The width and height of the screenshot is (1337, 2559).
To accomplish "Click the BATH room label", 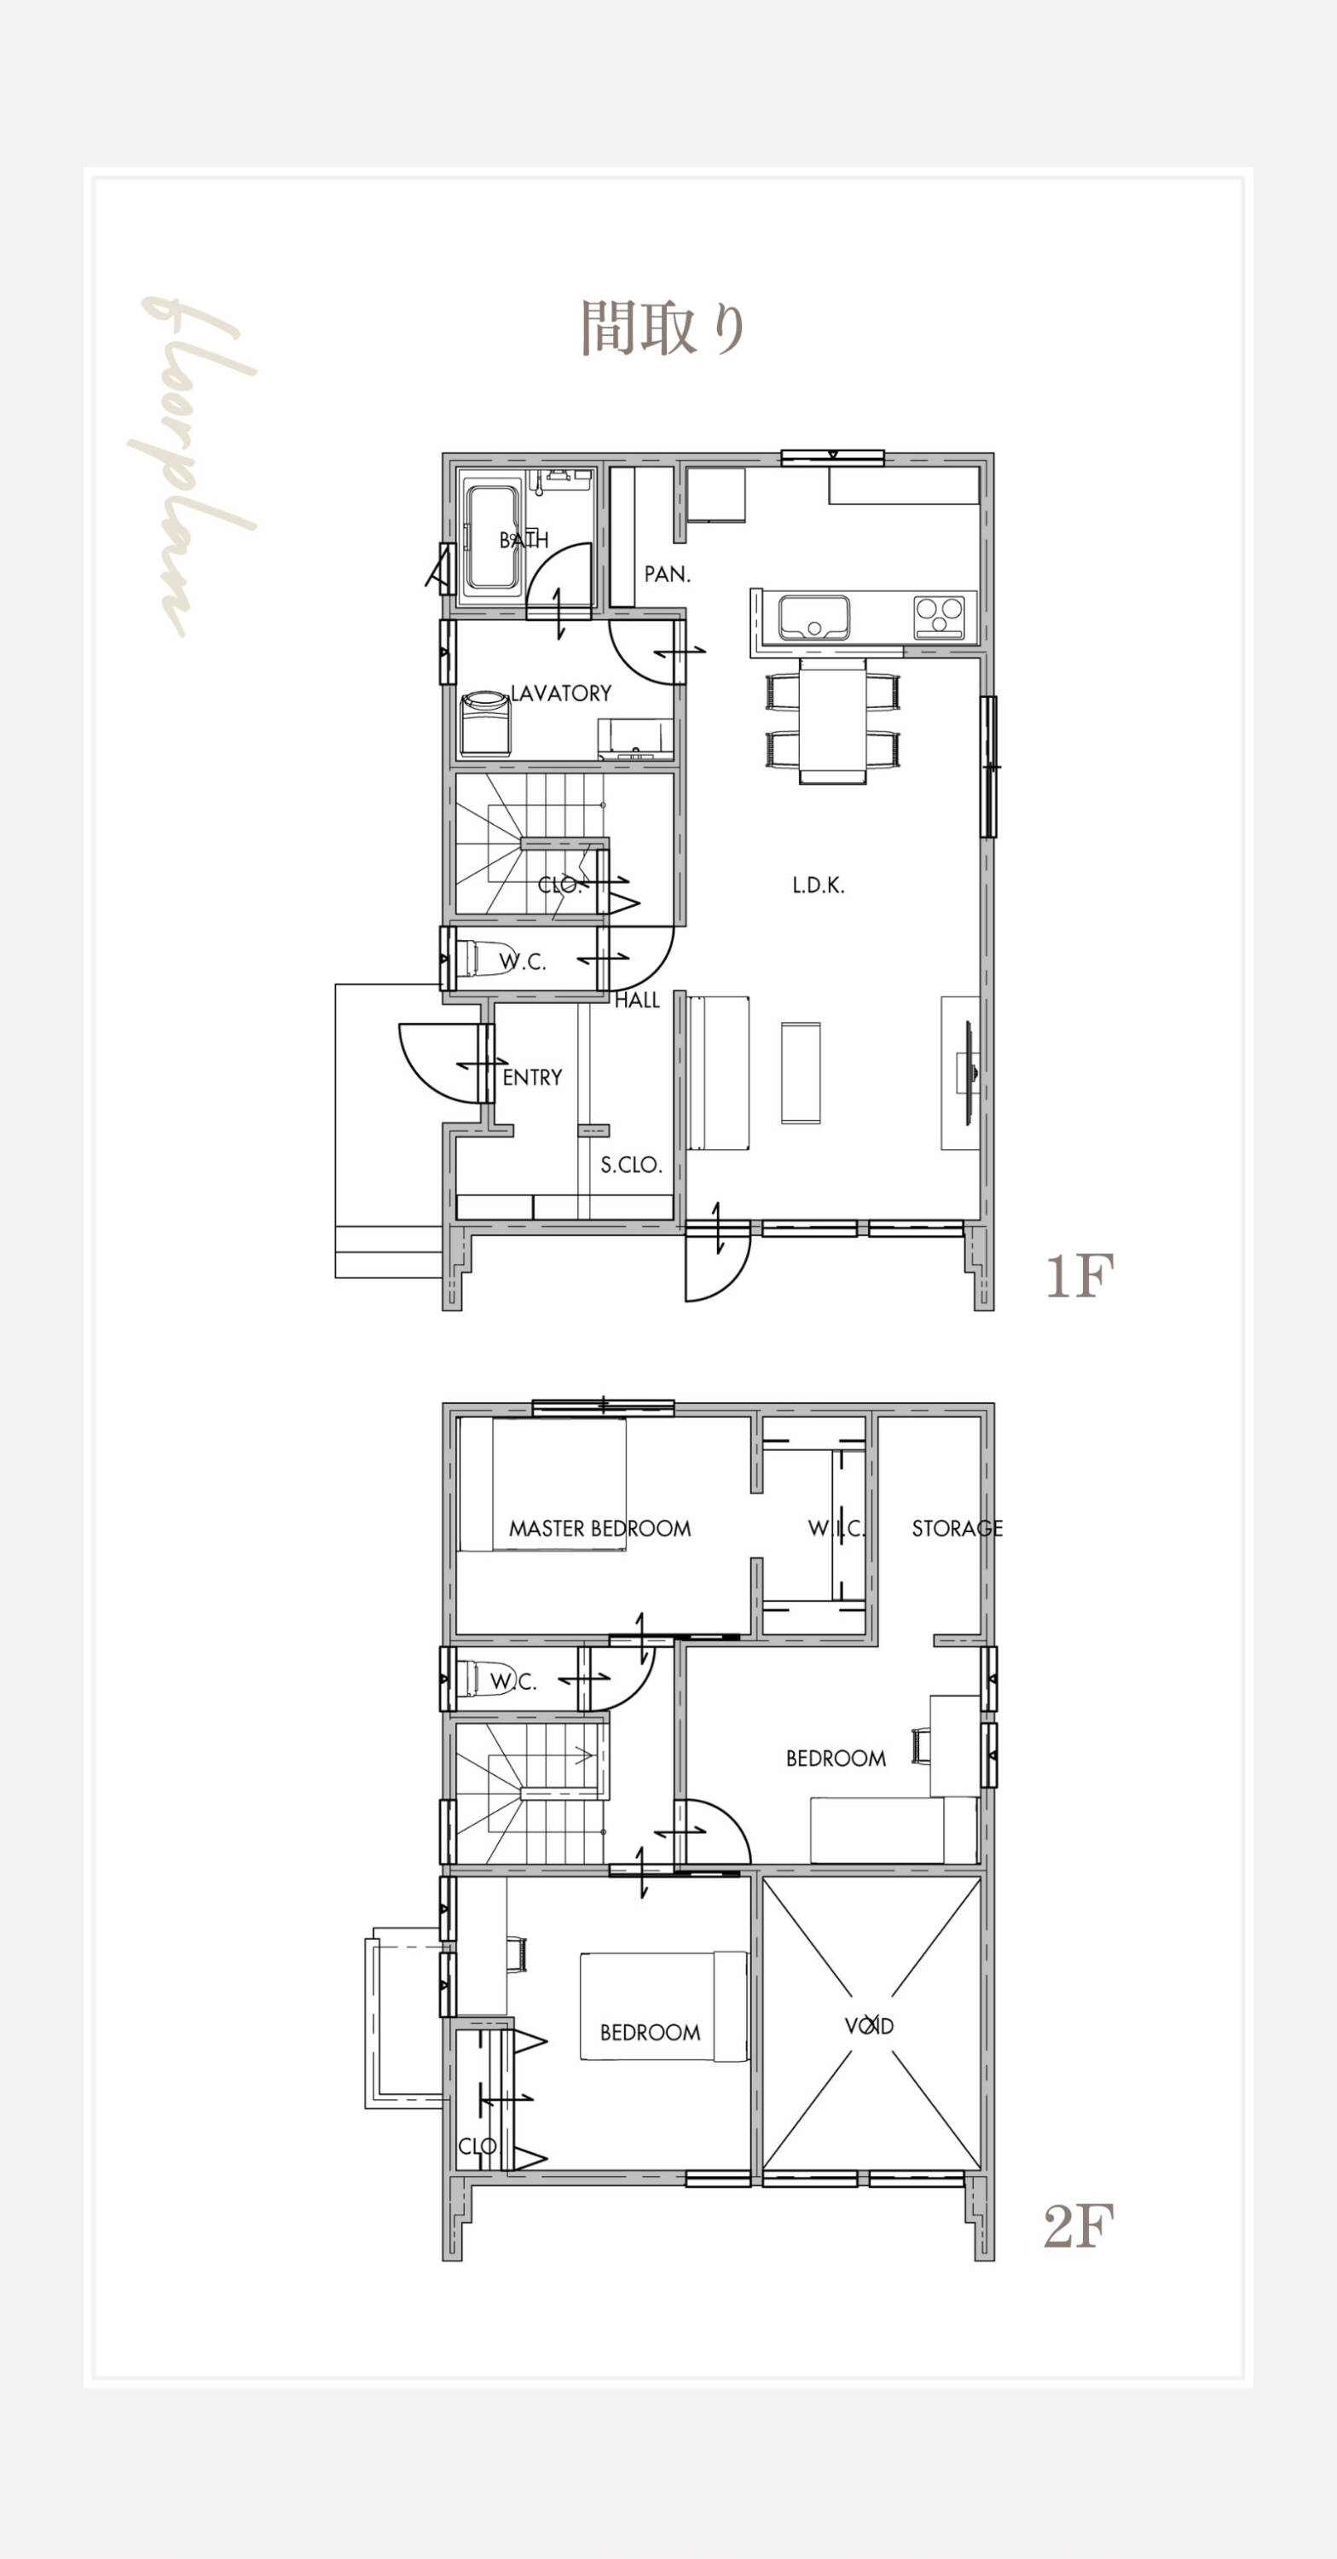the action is tap(524, 539).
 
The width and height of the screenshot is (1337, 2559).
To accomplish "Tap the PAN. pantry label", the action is tap(668, 573).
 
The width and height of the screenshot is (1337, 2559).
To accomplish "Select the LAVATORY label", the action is tap(561, 693).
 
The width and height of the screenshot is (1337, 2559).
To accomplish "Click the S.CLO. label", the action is tap(631, 1164).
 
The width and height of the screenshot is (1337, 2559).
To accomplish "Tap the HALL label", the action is tap(637, 1001).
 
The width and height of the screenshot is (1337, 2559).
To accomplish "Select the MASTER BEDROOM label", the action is tap(600, 1528).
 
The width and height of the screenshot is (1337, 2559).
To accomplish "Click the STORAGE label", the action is tap(958, 1528).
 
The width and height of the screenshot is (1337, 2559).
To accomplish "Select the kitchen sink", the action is tap(814, 617).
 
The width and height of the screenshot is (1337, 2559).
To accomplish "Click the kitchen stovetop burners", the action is tap(939, 617).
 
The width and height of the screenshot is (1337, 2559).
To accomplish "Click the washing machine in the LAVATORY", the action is tap(484, 723).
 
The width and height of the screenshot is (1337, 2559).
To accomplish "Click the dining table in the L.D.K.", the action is tap(832, 719).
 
